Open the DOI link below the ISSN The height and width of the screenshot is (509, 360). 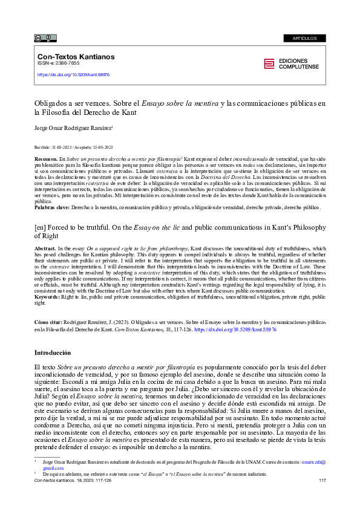(x=73, y=75)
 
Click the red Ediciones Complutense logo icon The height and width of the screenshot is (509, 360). (x=269, y=64)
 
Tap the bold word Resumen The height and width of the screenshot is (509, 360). (x=47, y=158)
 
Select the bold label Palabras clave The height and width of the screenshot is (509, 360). (x=53, y=207)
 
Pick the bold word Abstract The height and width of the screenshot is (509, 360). (x=45, y=248)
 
